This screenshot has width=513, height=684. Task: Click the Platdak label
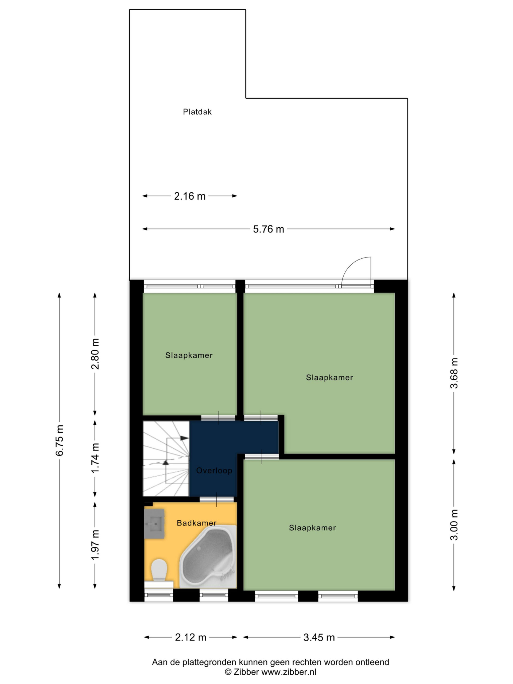pyautogui.click(x=197, y=112)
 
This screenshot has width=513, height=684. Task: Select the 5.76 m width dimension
pyautogui.click(x=269, y=229)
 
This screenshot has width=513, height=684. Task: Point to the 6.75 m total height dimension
pyautogui.click(x=59, y=440)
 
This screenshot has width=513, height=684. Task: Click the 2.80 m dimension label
pyautogui.click(x=95, y=354)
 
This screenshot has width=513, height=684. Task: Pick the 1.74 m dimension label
pyautogui.click(x=95, y=458)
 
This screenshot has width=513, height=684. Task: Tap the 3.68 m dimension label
pyautogui.click(x=454, y=373)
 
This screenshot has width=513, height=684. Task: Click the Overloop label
pyautogui.click(x=214, y=471)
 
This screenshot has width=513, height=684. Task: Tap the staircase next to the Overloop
pyautogui.click(x=166, y=458)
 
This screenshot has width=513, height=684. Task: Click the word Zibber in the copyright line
pyautogui.click(x=246, y=672)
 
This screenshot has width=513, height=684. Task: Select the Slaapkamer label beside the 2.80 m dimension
pyautogui.click(x=189, y=355)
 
